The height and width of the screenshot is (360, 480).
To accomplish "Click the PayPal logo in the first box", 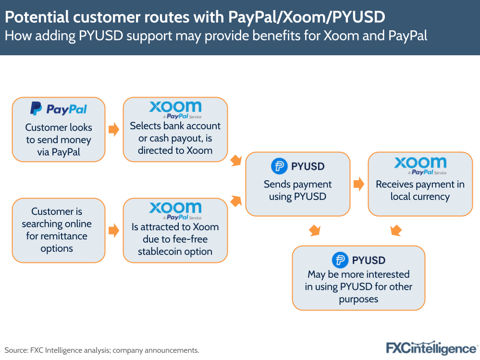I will [59, 109].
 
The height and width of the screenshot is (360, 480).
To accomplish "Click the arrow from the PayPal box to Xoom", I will [113, 130].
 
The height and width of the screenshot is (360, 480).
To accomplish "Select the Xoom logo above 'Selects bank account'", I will [175, 110].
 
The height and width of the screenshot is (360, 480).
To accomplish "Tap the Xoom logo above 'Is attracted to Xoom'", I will [175, 211].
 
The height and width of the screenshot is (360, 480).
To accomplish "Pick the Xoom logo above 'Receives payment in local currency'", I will [420, 165].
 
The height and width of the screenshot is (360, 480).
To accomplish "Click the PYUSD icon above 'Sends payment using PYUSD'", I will [279, 166].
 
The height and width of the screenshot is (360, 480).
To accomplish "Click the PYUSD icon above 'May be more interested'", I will [340, 260].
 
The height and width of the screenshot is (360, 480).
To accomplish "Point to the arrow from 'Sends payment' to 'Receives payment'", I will [358, 184].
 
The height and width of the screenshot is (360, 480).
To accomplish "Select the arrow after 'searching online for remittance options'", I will [113, 230].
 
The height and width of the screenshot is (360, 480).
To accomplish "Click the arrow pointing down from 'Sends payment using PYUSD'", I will [315, 230].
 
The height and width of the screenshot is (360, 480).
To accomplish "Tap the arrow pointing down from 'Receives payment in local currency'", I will [396, 230].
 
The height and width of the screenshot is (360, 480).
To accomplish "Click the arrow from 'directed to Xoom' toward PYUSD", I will [236, 161].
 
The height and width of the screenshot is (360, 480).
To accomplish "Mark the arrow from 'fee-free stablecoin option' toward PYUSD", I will [236, 201].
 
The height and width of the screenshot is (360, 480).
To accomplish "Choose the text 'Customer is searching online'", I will [57, 218].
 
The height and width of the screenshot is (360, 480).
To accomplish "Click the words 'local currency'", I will [420, 197].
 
